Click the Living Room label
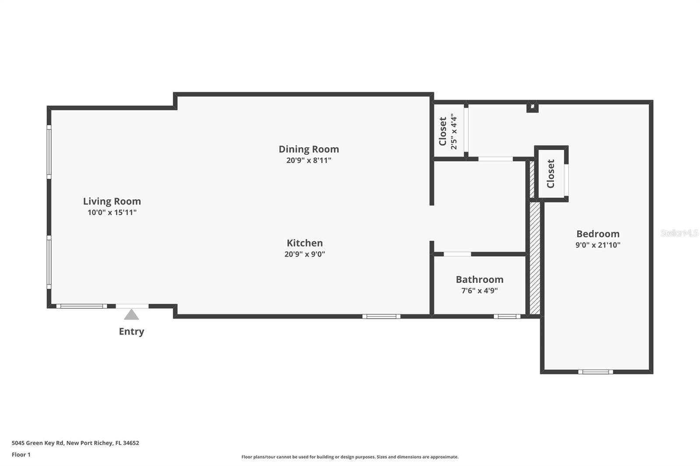click(112, 201)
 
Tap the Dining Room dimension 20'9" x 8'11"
click(308, 160)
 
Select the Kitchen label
click(304, 243)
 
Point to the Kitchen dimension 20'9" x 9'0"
click(304, 254)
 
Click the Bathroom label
click(479, 279)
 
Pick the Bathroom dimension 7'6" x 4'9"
click(479, 291)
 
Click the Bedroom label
click(598, 234)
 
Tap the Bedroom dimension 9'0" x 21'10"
click(598, 245)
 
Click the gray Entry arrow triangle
click(131, 315)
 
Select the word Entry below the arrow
click(131, 331)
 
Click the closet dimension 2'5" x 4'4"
click(454, 132)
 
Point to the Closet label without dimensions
click(551, 174)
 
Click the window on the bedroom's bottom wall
click(595, 372)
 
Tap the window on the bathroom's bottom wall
click(507, 316)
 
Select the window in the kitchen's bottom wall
click(381, 316)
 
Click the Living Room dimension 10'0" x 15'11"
click(112, 212)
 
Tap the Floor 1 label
click(21, 455)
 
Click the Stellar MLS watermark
click(679, 233)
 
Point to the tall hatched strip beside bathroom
click(535, 258)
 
